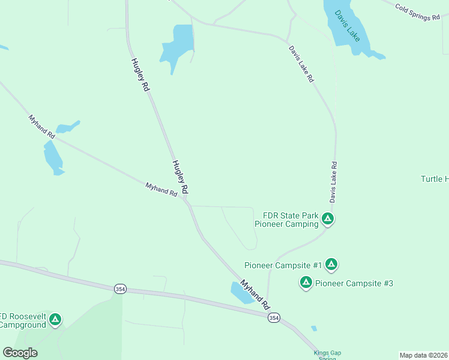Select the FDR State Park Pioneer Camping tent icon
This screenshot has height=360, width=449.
click(327, 219)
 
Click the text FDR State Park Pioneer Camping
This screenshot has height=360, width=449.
click(286, 220)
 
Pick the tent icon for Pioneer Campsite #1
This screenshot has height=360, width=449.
click(331, 264)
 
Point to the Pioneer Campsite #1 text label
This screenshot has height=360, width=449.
click(283, 265)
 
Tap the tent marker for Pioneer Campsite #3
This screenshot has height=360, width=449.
click(306, 282)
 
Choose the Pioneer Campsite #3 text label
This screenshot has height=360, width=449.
click(354, 283)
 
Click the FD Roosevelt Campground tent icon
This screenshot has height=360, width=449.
click(55, 319)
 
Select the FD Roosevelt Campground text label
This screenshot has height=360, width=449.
click(23, 320)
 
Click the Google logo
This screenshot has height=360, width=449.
click(20, 353)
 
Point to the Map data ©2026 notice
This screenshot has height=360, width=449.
click(423, 355)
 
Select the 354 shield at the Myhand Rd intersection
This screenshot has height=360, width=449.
click(274, 317)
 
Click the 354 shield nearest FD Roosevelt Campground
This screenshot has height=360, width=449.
click(120, 289)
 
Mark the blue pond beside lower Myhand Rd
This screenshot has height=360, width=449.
click(242, 292)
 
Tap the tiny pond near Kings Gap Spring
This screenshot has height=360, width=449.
click(313, 328)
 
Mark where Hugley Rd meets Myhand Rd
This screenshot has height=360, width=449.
click(187, 202)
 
